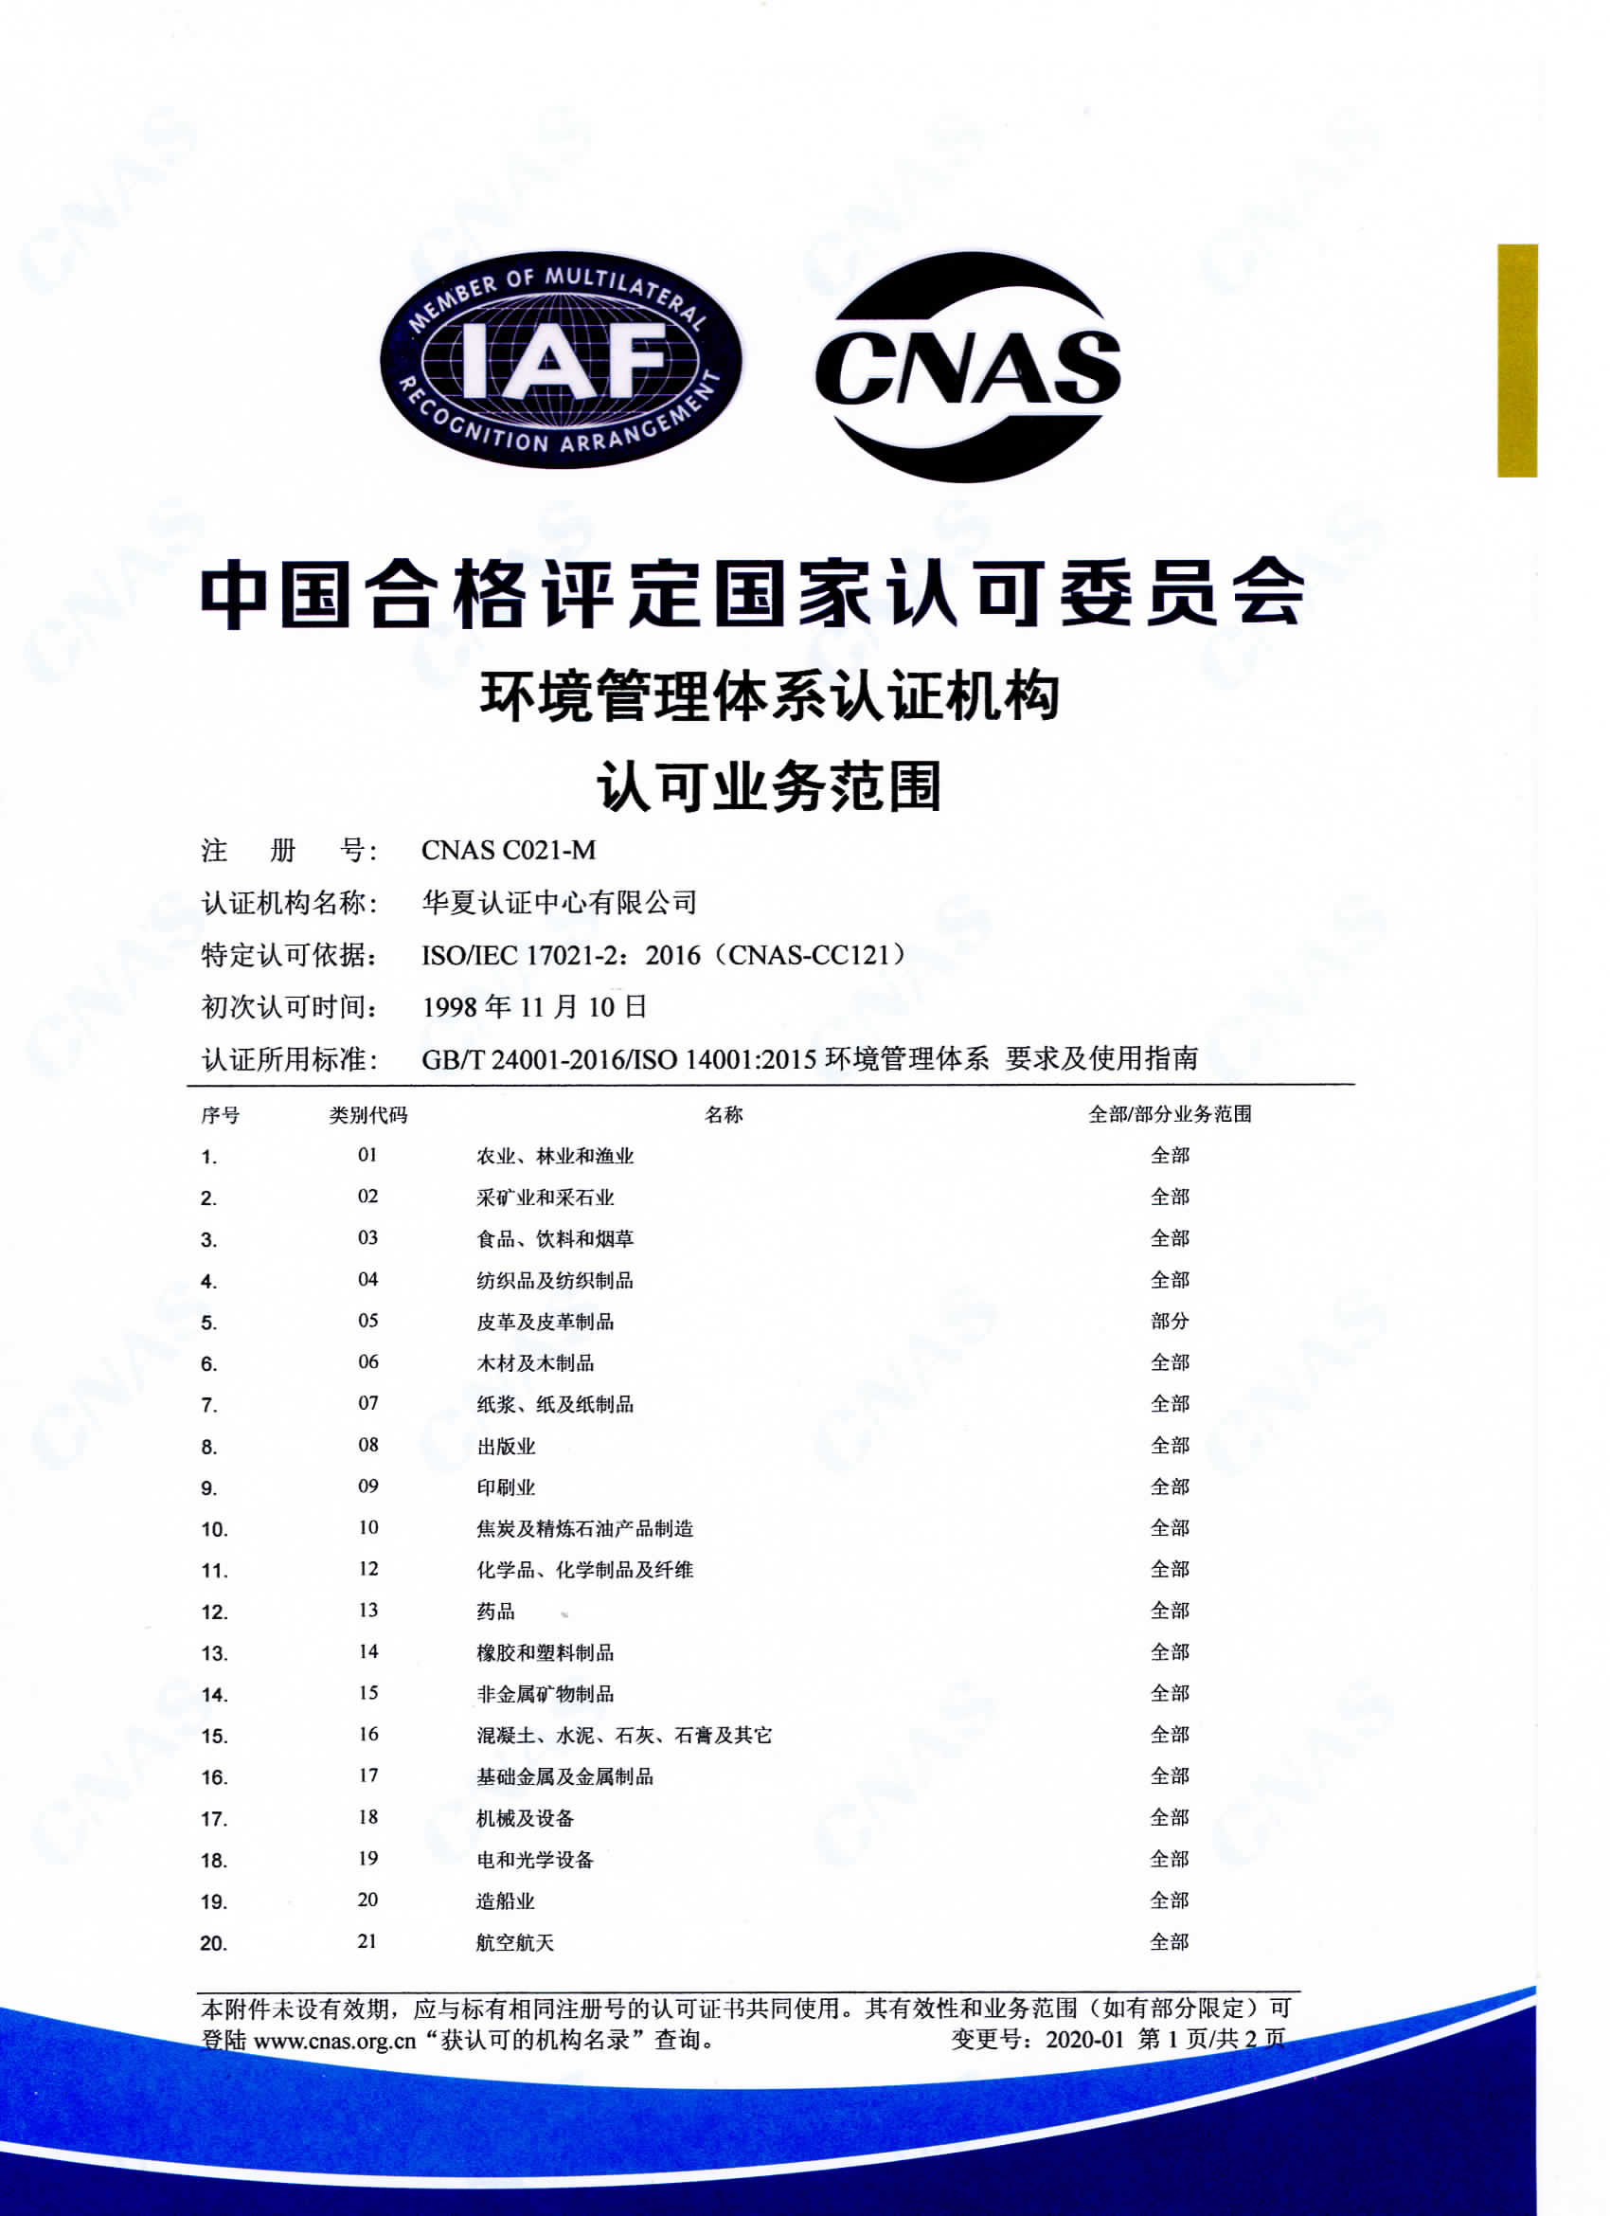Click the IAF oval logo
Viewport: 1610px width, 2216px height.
pos(561,360)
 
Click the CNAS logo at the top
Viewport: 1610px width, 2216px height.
pos(967,367)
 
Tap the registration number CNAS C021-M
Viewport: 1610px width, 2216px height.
pos(508,850)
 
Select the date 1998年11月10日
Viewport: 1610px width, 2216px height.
pos(534,1006)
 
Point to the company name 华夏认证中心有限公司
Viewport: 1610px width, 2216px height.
pos(559,902)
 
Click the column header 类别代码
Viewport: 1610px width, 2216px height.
pos(367,1115)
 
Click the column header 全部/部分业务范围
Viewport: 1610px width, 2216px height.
pos(1170,1114)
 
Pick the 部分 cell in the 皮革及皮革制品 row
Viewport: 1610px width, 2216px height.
pos(1170,1321)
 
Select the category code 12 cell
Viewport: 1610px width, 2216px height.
pos(367,1569)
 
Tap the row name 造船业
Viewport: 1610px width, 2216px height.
pos(505,1901)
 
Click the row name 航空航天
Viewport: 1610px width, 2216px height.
pos(515,1942)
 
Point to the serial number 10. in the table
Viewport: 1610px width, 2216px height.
pos(214,1530)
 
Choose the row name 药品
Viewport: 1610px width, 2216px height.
pos(495,1612)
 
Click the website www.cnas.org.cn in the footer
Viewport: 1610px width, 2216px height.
pos(335,2040)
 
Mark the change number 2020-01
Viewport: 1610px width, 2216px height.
pos(1084,2039)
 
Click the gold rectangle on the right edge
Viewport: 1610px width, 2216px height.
pos(1516,361)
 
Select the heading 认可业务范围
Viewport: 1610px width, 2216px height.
pos(769,786)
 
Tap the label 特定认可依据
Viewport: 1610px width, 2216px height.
pos(289,955)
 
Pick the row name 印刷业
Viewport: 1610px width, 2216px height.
pos(505,1487)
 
